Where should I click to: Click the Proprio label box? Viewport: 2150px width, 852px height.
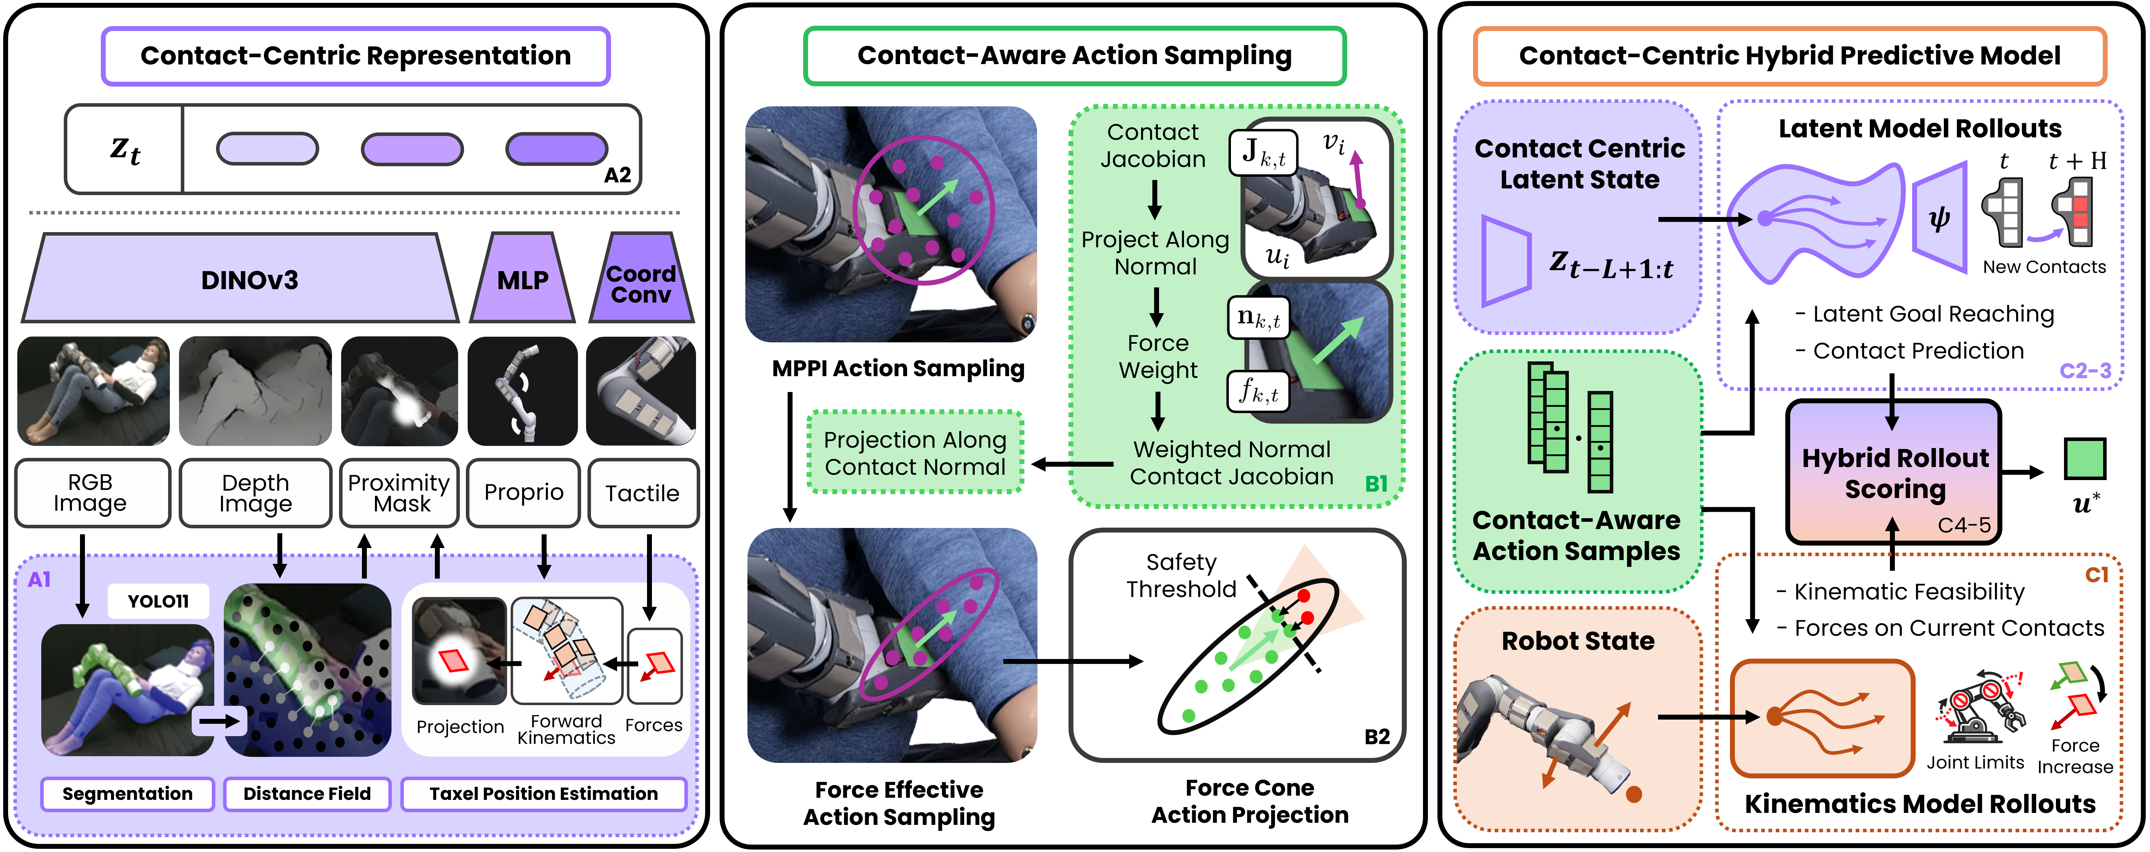tap(523, 492)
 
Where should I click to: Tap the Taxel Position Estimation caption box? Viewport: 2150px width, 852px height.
tap(543, 794)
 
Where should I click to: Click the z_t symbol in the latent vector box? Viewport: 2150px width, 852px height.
tap(125, 150)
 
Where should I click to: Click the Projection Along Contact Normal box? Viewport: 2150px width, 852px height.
tap(915, 453)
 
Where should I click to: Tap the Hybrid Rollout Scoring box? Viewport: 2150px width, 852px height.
tap(1893, 472)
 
